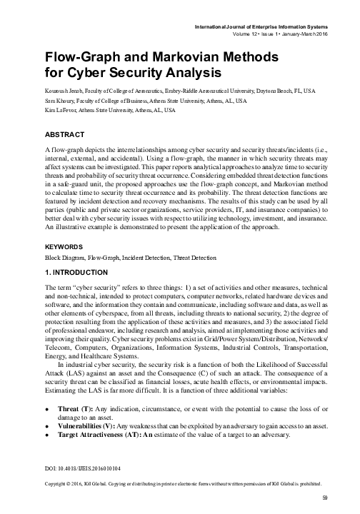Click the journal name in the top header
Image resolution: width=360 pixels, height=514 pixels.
[272, 26]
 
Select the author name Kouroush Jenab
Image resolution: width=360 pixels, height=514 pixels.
[44, 91]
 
